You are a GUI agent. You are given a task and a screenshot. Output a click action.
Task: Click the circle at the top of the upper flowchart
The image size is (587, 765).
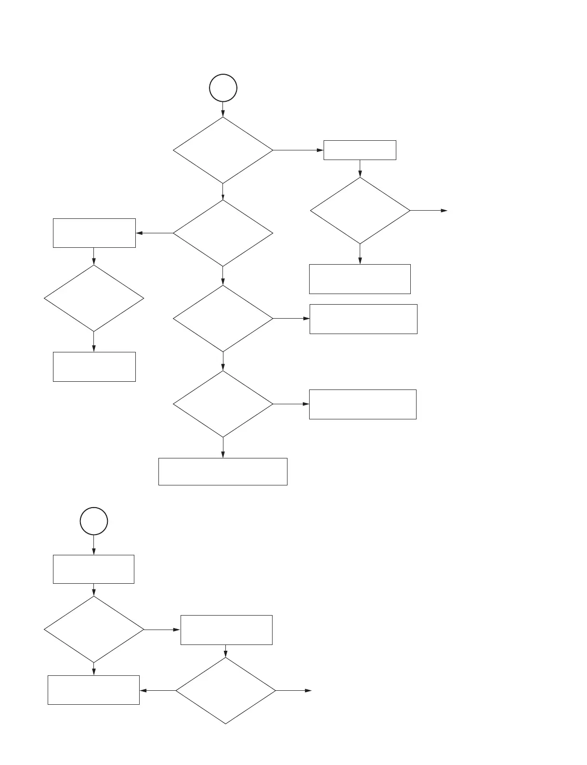[223, 88]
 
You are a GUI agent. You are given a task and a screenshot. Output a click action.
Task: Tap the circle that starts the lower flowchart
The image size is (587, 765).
[94, 521]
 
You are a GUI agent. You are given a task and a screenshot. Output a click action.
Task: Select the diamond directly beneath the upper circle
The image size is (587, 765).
[223, 150]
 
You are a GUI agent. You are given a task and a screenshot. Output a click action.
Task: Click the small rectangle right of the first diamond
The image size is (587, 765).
[360, 150]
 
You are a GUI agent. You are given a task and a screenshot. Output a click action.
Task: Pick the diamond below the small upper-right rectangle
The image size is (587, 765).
[360, 211]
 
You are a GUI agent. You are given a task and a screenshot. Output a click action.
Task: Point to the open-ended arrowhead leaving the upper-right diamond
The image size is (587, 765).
[444, 211]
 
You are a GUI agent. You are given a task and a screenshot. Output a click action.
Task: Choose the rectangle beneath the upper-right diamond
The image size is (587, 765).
[360, 279]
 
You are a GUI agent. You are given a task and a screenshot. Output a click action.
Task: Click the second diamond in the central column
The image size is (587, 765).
[223, 233]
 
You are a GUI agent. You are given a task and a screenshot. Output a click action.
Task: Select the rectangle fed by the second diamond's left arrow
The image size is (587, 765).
[94, 233]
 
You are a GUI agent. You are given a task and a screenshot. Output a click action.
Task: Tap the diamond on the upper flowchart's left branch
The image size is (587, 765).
[94, 298]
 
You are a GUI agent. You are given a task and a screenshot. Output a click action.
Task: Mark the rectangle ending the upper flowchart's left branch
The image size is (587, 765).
[94, 367]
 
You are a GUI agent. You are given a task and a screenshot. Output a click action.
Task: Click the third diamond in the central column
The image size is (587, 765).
[223, 319]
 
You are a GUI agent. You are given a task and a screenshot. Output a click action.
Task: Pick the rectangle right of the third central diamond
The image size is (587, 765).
[363, 319]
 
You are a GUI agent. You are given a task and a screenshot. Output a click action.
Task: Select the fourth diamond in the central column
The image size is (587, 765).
[223, 404]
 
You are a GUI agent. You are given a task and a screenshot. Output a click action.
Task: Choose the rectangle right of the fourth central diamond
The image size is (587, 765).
[363, 404]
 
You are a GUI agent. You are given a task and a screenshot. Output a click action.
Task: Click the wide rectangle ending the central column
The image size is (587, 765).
[223, 471]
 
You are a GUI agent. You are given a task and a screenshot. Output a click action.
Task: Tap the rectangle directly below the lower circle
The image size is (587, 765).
[93, 569]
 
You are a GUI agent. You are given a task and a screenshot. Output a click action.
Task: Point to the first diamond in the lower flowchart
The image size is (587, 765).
[94, 630]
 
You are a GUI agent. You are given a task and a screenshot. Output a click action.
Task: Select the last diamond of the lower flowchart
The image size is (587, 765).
[225, 691]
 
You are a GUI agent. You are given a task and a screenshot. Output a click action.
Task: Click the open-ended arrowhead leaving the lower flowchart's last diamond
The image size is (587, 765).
[309, 691]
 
